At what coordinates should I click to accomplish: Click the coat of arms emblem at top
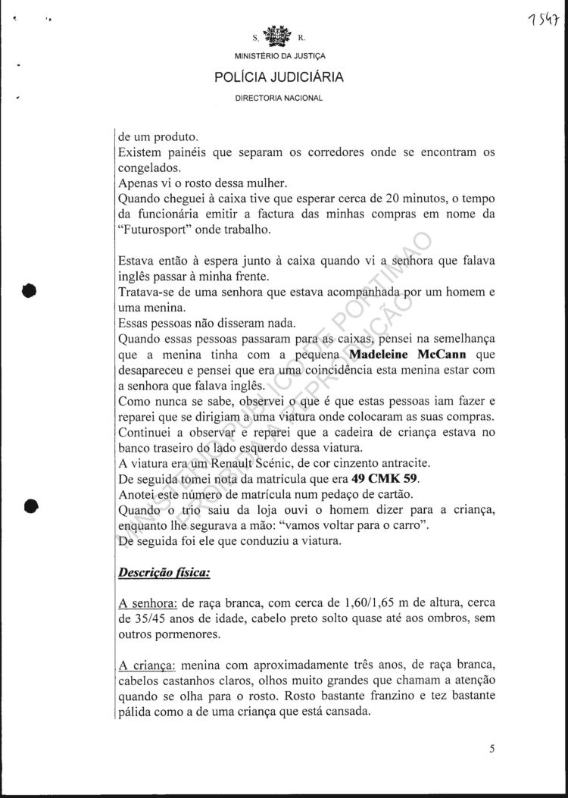point(279,37)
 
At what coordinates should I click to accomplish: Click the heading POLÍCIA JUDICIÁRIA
point(279,77)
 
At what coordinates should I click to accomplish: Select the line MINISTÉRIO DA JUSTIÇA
point(279,57)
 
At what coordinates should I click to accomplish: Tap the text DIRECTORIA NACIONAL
point(279,99)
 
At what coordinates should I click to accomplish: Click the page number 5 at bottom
point(492,769)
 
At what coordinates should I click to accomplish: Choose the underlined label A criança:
point(147,665)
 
